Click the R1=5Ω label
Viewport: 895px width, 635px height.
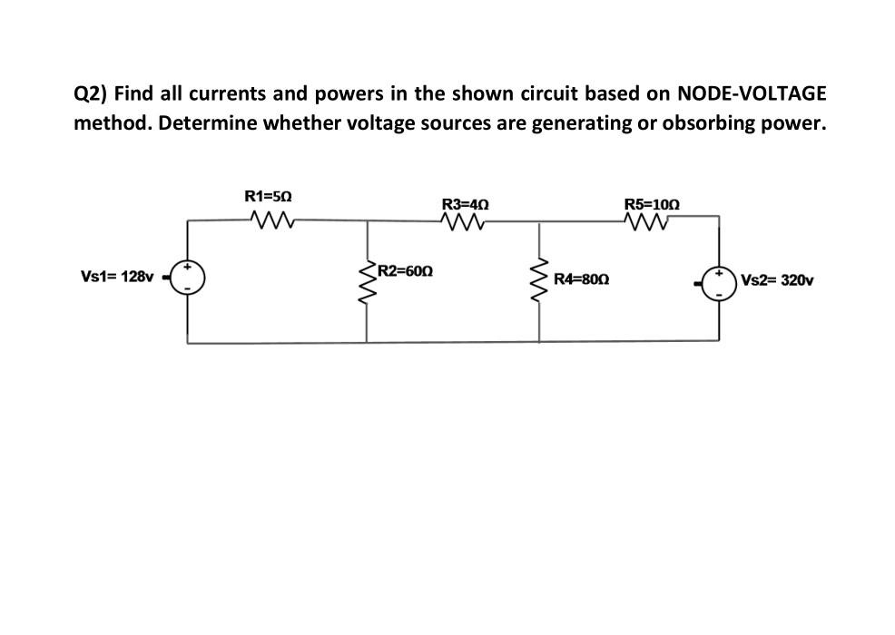pos(269,195)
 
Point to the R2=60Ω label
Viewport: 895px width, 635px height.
pos(406,270)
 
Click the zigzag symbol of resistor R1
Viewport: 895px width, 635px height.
pos(270,219)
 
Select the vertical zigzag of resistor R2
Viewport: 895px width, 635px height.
pos(368,284)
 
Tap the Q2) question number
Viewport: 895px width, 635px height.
pos(91,93)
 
